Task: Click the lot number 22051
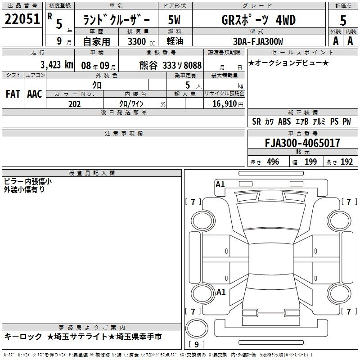(22, 19)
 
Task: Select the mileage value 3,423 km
(57, 65)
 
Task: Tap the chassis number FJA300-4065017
(302, 143)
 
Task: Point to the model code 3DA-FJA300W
(258, 41)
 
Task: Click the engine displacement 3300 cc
(141, 41)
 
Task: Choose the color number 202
(74, 104)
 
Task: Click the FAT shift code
(13, 94)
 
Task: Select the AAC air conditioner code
(35, 94)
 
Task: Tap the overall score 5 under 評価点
(343, 21)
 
